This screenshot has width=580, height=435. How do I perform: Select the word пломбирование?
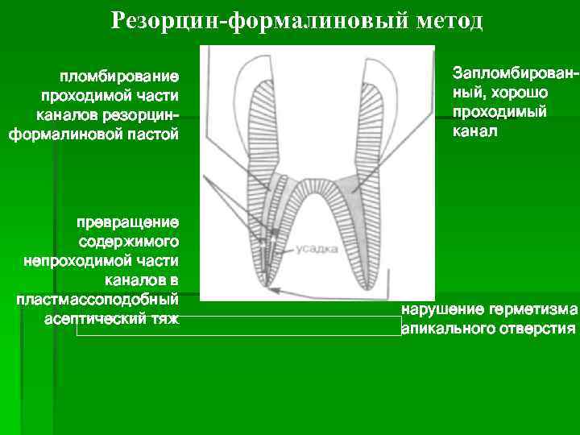(118, 77)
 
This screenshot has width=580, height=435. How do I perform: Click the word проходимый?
(499, 110)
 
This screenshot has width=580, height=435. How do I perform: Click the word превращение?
(128, 222)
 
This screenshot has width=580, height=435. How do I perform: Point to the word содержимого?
(130, 242)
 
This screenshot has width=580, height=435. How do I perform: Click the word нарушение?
(442, 310)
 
